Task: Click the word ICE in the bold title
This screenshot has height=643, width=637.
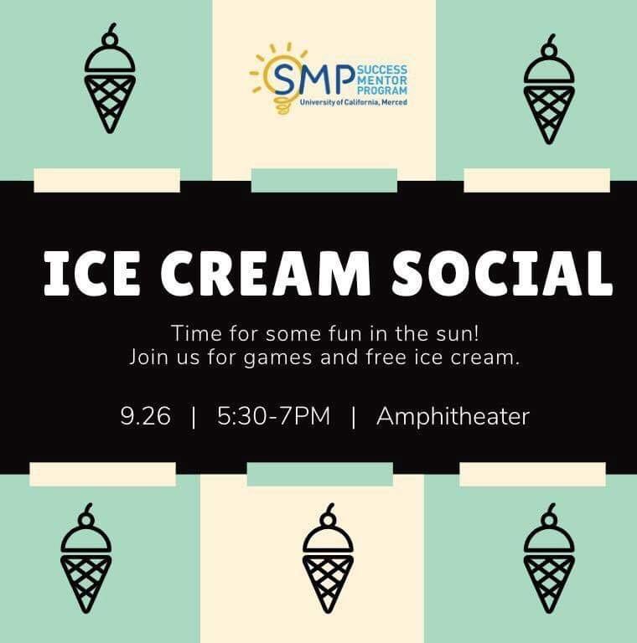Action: coord(91,272)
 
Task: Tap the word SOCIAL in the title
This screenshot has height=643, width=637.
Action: coord(501,272)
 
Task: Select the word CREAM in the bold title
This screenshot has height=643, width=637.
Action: coord(266,272)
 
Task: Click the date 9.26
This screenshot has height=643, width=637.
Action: coord(145,416)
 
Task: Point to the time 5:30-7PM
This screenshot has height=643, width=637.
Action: coord(274,416)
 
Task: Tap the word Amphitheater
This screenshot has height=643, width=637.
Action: coord(453,417)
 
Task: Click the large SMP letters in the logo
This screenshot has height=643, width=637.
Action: coord(313,79)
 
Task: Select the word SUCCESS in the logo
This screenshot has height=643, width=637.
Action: coord(382,69)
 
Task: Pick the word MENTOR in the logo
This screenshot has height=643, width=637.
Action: coord(382,80)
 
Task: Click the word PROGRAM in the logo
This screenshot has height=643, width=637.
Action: coord(382,90)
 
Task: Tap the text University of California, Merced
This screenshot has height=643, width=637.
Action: coord(354,102)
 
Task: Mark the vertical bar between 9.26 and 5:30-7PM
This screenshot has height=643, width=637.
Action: coord(194,417)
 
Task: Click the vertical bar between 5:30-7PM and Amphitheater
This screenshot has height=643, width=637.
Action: coord(354,417)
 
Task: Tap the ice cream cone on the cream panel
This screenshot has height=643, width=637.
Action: coord(328,558)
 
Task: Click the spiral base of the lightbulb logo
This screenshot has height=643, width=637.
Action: coord(282,105)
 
